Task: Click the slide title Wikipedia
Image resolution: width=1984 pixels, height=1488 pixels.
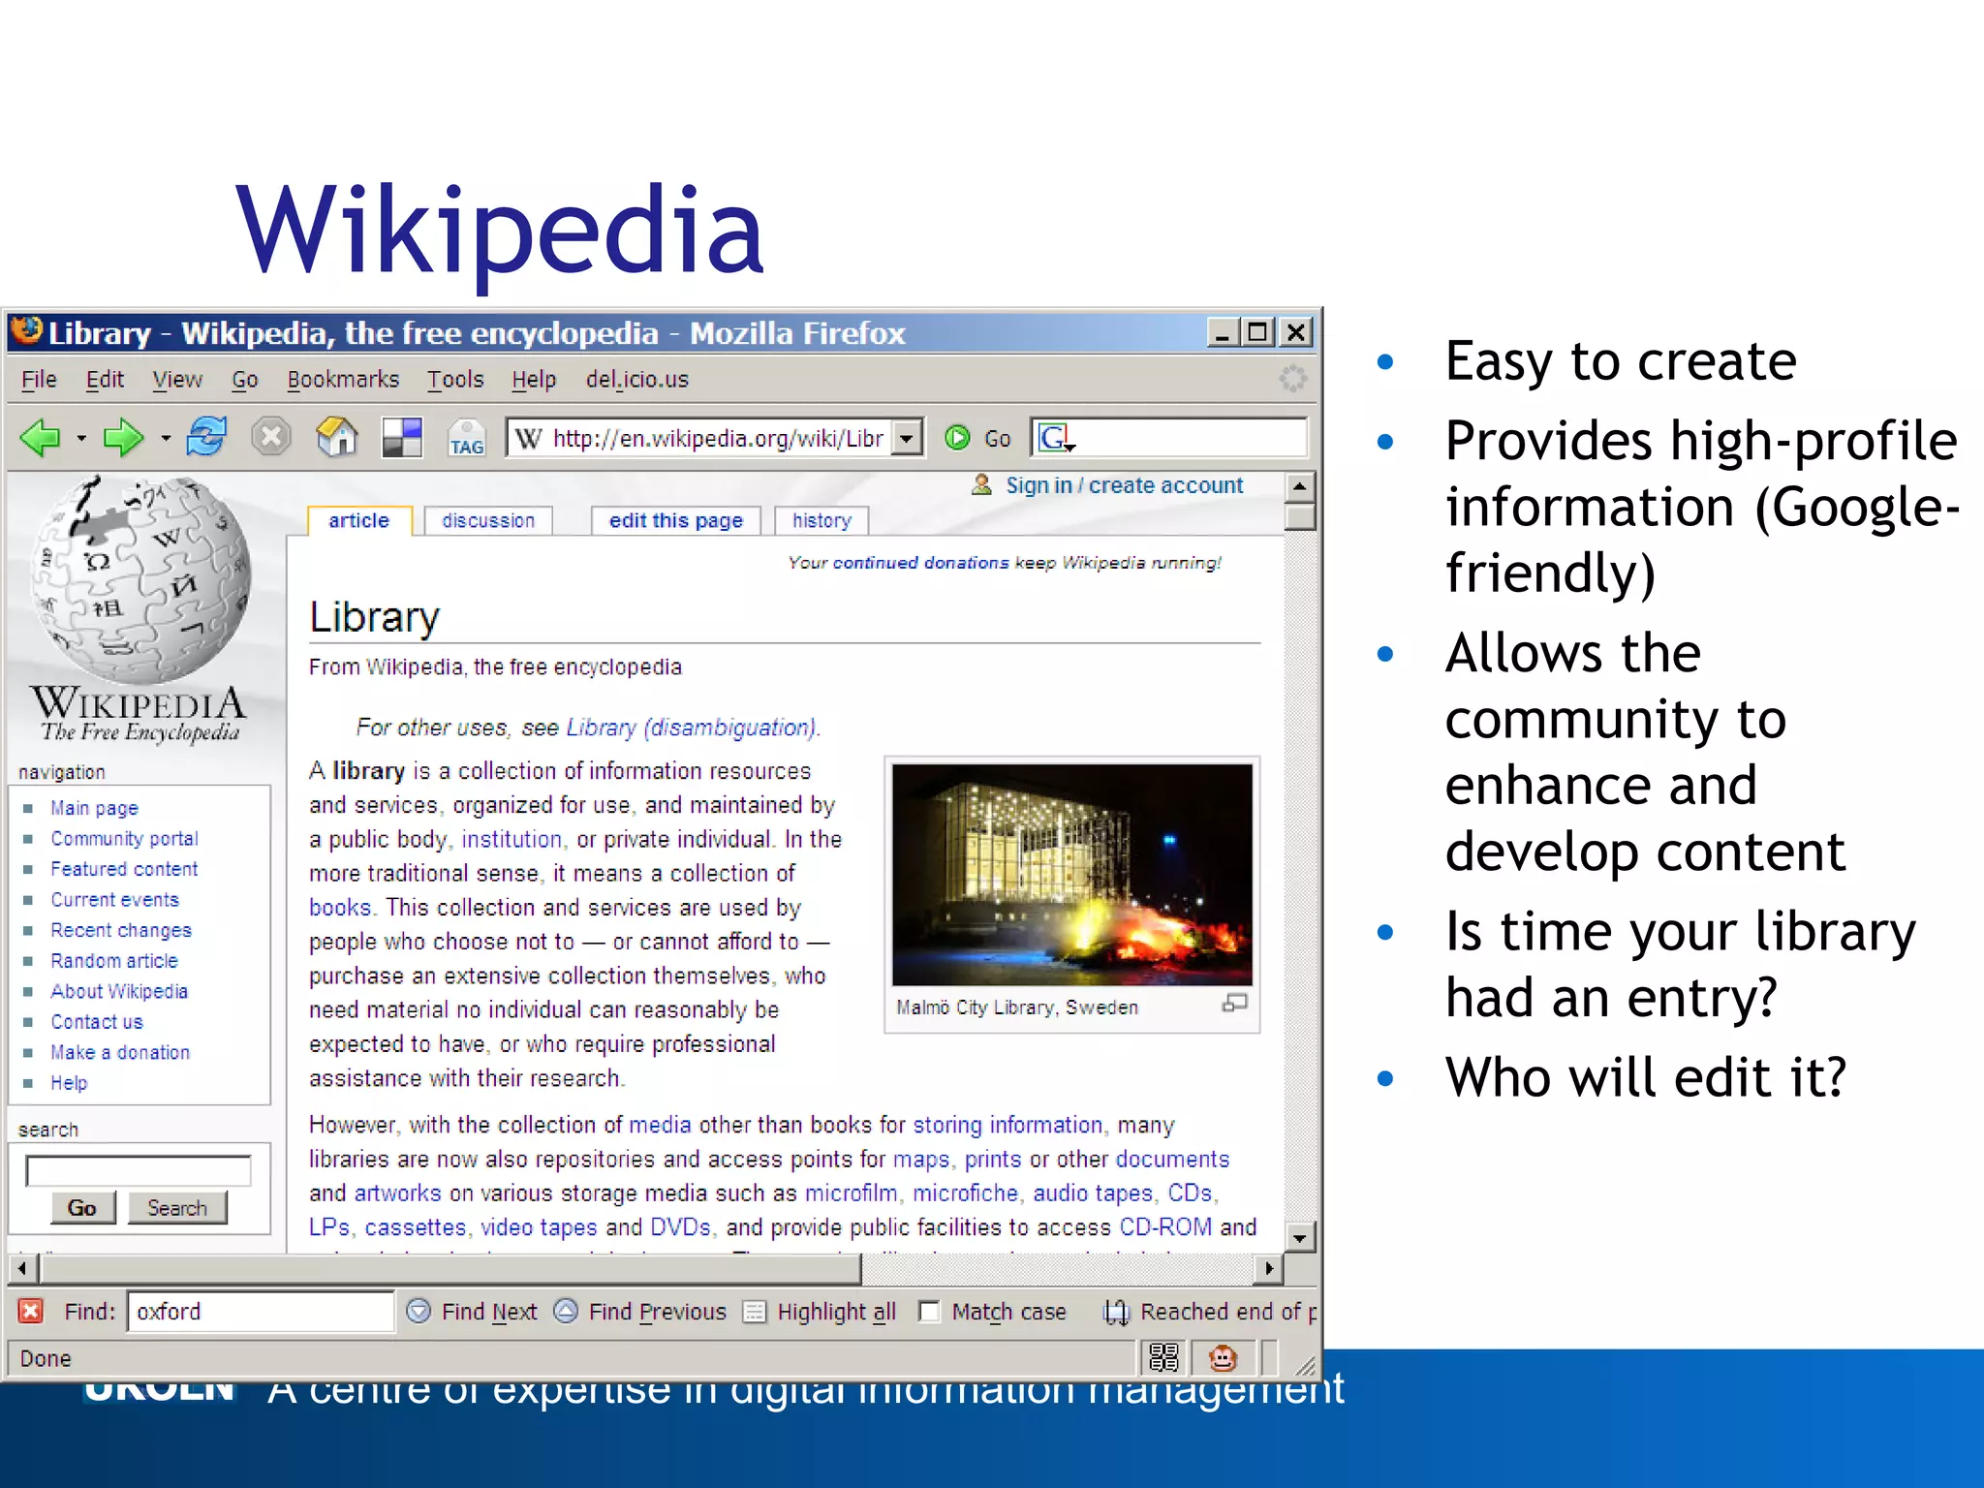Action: tap(500, 232)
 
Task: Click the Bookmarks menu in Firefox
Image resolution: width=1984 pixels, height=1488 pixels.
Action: tap(343, 380)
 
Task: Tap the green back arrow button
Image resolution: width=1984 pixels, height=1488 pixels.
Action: tap(41, 438)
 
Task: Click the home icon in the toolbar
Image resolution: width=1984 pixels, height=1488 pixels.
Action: tap(336, 438)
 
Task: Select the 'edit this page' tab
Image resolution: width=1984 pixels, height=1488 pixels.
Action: tap(675, 521)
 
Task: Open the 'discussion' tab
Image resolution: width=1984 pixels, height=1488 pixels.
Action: tap(488, 521)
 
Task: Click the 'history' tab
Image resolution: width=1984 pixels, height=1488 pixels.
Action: tap(821, 521)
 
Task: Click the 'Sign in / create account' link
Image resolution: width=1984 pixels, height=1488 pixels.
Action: tap(1124, 485)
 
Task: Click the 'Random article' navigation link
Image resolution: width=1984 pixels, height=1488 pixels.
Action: tap(114, 961)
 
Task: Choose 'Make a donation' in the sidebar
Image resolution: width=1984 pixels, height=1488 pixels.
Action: tap(120, 1053)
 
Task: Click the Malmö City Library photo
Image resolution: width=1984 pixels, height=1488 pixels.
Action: tap(1071, 875)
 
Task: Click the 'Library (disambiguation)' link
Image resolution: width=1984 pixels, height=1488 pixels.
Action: tap(692, 728)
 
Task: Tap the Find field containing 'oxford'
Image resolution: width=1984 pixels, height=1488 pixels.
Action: tap(260, 1312)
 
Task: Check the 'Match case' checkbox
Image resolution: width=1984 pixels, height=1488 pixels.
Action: tap(929, 1312)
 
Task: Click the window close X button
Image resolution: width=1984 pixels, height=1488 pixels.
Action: tap(1295, 333)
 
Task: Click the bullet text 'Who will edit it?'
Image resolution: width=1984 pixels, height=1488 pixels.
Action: tap(1645, 1077)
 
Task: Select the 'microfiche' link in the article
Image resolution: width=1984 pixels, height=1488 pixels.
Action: tap(965, 1193)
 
